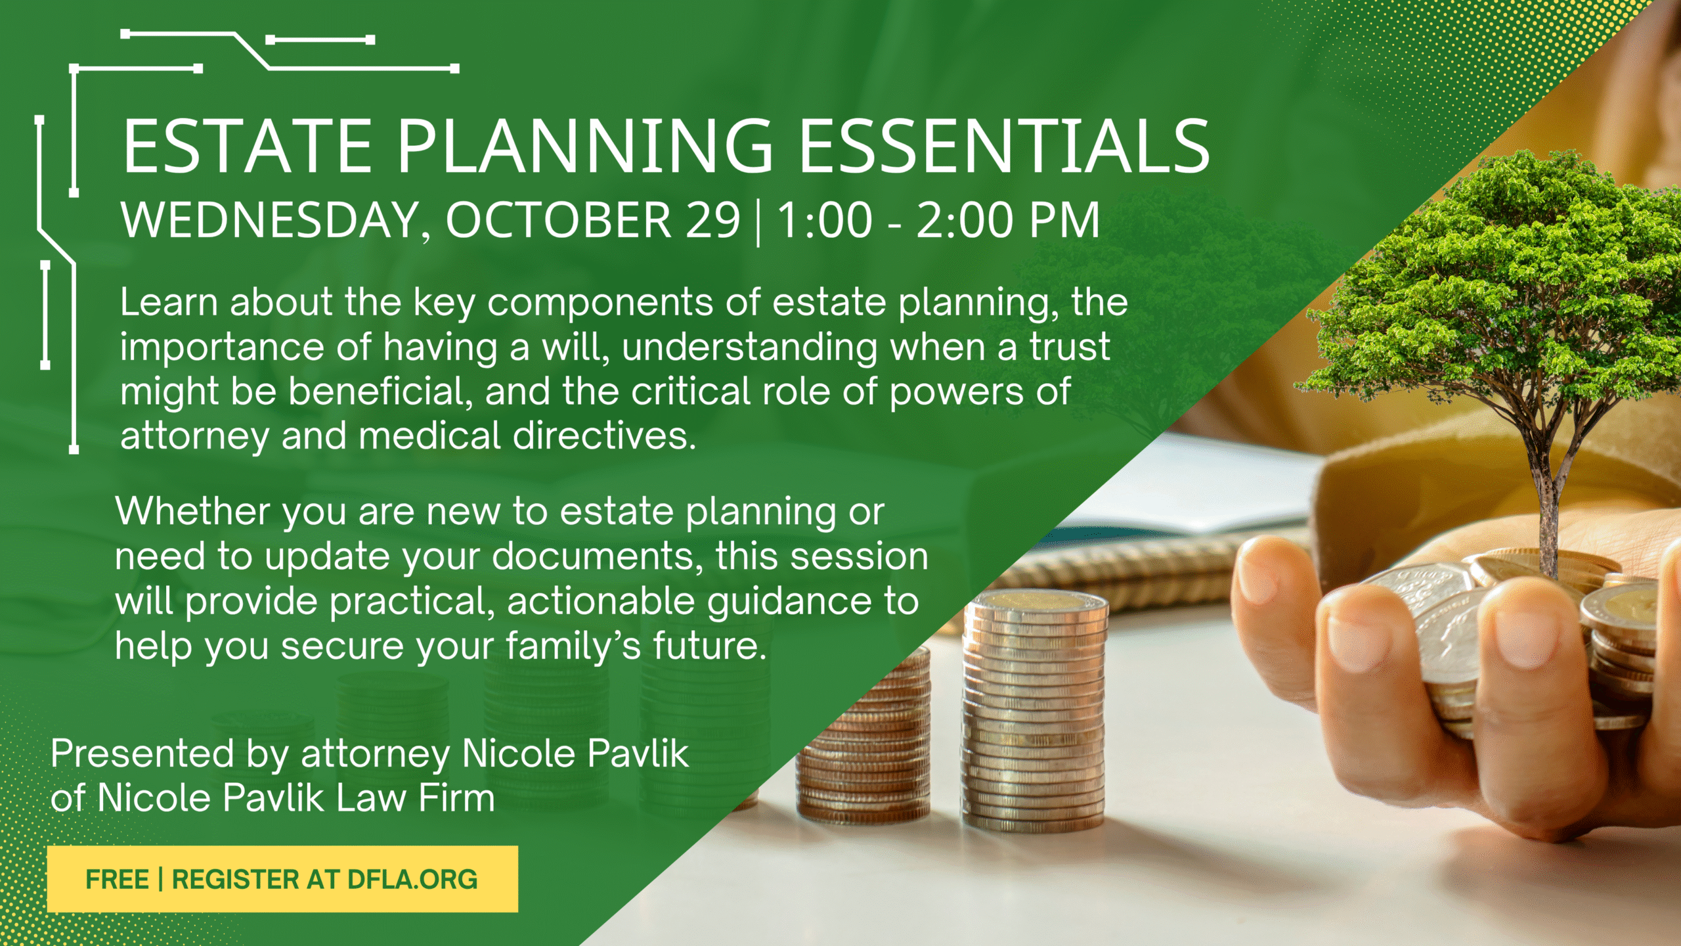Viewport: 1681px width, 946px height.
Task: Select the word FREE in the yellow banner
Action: coord(117,880)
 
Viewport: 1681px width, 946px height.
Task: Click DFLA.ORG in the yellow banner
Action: coord(412,880)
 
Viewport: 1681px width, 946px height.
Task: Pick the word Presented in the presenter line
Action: coord(142,753)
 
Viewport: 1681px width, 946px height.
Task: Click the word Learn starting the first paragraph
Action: coord(169,302)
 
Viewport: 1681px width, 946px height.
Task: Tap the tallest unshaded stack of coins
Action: coord(1034,709)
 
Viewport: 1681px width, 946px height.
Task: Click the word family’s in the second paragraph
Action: coord(573,647)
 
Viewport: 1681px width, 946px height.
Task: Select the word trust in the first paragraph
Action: coord(1070,347)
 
